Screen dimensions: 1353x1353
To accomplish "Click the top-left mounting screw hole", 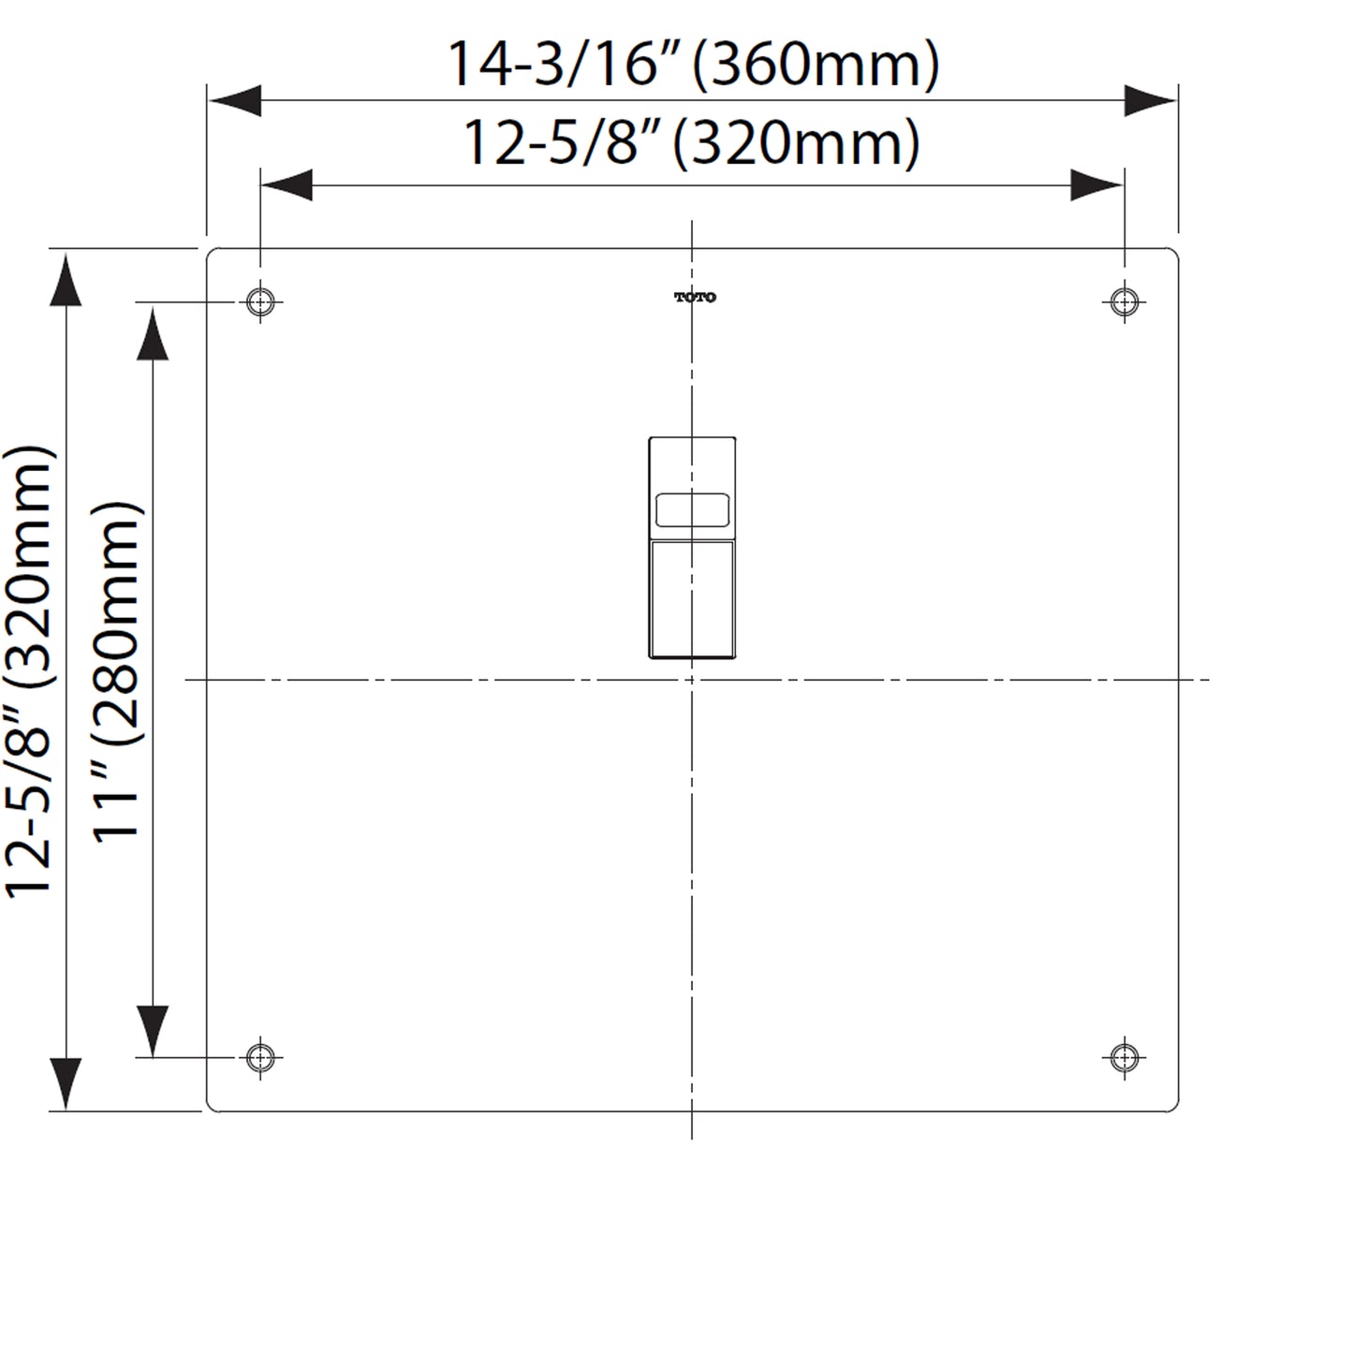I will (x=261, y=301).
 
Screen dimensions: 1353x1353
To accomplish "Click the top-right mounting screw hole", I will (x=1124, y=301).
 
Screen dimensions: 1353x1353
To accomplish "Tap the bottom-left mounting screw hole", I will (x=261, y=1057).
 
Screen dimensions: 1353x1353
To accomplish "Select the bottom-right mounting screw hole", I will (x=1124, y=1057).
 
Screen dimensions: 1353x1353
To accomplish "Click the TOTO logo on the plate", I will (x=695, y=298).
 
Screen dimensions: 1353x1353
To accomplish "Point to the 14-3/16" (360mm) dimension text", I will (x=693, y=64).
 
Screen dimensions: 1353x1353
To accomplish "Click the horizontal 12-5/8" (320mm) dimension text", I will (x=692, y=144).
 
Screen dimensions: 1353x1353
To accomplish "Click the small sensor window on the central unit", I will (x=692, y=510).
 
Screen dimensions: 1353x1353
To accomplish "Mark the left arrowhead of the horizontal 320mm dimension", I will (x=287, y=185).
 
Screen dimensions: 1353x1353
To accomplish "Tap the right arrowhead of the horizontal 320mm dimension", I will (x=1097, y=185).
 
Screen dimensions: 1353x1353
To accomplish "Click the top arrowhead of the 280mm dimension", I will (x=153, y=334).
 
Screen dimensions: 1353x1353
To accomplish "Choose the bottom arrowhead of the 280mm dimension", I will (x=153, y=1031).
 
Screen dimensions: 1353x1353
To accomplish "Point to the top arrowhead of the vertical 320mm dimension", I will (x=65, y=280).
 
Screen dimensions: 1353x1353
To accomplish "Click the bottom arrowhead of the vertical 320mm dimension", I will (x=65, y=1084).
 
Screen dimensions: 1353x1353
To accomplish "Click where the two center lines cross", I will (x=692, y=680).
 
